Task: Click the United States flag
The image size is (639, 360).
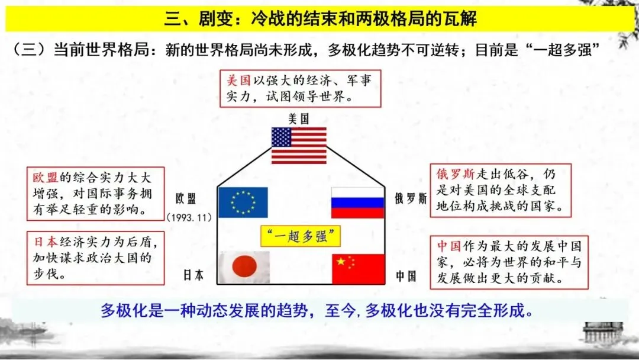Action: [299, 146]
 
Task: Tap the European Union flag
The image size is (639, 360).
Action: [243, 202]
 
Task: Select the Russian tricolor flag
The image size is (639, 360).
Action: [357, 202]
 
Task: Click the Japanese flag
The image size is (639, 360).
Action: [244, 268]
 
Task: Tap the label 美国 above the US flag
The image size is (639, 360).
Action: [298, 118]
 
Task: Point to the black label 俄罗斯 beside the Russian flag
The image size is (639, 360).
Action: [410, 198]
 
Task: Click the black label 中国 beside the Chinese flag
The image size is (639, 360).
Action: [406, 276]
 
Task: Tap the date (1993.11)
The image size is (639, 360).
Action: [189, 217]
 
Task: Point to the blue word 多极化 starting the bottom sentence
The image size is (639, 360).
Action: [122, 310]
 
